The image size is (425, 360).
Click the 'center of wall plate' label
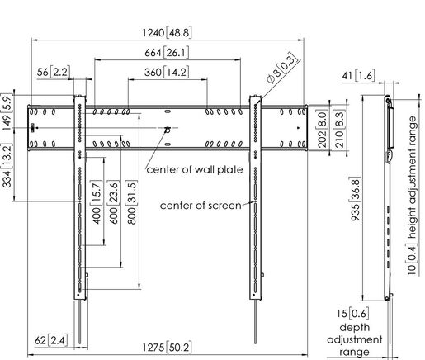(194, 170)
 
